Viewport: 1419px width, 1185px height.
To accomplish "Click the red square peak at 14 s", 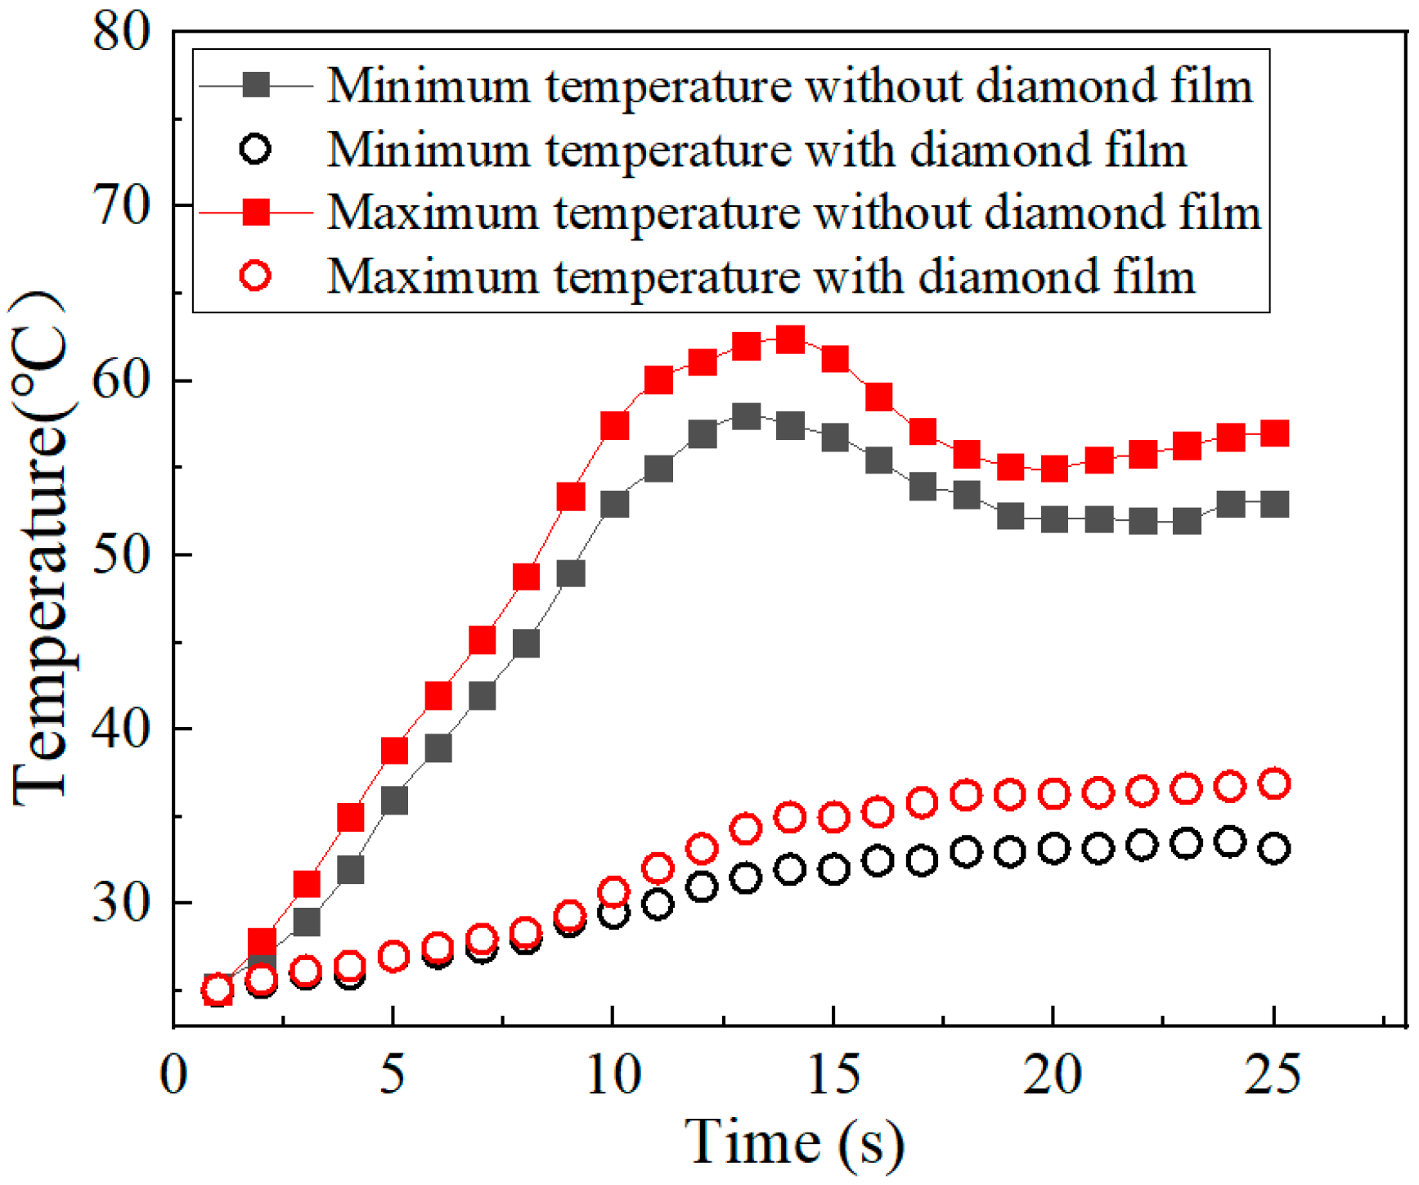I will tap(789, 338).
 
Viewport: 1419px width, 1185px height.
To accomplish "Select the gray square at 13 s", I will tap(745, 416).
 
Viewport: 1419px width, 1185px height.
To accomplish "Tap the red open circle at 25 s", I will tap(1273, 783).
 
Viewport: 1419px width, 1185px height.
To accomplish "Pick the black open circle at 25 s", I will tap(1273, 849).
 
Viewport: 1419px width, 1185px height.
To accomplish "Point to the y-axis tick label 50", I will tap(122, 554).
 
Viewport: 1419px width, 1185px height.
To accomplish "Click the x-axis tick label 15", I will tap(833, 1074).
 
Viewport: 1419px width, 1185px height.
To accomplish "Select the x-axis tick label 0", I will tap(173, 1074).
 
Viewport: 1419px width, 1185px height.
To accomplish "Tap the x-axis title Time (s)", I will tap(793, 1141).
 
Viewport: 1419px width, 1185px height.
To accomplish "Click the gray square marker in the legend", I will tap(256, 85).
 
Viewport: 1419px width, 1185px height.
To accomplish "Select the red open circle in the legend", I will tap(256, 276).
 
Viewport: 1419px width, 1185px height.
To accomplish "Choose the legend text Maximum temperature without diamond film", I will tap(793, 213).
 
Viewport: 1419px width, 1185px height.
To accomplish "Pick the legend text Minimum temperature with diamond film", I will tap(757, 150).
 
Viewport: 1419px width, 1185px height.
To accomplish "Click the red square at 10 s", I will tap(614, 425).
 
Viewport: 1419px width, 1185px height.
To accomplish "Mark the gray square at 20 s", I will tap(1053, 518).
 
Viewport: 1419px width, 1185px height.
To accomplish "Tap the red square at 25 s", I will tap(1273, 433).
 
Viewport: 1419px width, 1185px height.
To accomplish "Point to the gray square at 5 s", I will tap(394, 800).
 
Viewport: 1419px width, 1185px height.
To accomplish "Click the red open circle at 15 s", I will tap(833, 817).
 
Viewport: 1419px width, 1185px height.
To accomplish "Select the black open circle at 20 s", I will tap(1053, 849).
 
